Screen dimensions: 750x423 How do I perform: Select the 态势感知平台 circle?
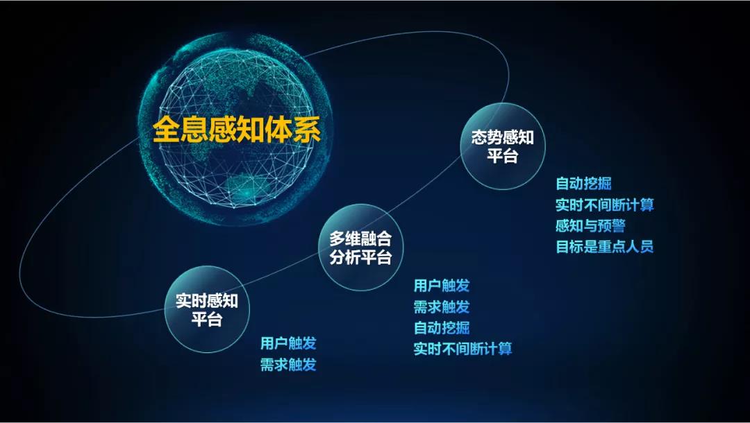[x=502, y=146]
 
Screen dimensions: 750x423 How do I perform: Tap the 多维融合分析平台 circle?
[x=360, y=248]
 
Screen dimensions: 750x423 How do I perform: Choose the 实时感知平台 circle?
[x=207, y=309]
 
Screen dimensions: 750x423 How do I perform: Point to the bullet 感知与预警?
[x=590, y=226]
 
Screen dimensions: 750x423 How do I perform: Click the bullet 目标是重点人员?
[x=605, y=247]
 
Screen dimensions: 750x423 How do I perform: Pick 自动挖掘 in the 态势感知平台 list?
[x=583, y=184]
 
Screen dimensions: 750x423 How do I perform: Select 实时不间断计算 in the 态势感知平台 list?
[x=605, y=205]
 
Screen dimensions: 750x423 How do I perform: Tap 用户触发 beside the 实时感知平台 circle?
[x=288, y=343]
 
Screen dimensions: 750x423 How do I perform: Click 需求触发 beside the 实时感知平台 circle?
[x=288, y=365]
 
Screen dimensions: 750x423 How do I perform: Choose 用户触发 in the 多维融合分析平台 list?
[x=442, y=286]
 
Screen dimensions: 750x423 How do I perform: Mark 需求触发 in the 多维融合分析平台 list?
[x=442, y=307]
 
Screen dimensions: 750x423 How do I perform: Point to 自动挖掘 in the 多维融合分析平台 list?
[x=442, y=328]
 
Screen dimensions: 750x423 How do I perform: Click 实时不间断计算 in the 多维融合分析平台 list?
[x=463, y=349]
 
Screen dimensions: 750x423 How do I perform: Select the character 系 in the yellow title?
[x=307, y=129]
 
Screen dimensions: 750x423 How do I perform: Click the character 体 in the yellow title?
[x=279, y=129]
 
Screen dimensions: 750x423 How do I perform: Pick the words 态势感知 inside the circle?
[x=502, y=137]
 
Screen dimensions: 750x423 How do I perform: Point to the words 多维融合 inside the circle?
[x=360, y=239]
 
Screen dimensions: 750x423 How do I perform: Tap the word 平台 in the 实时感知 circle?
[x=207, y=318]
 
